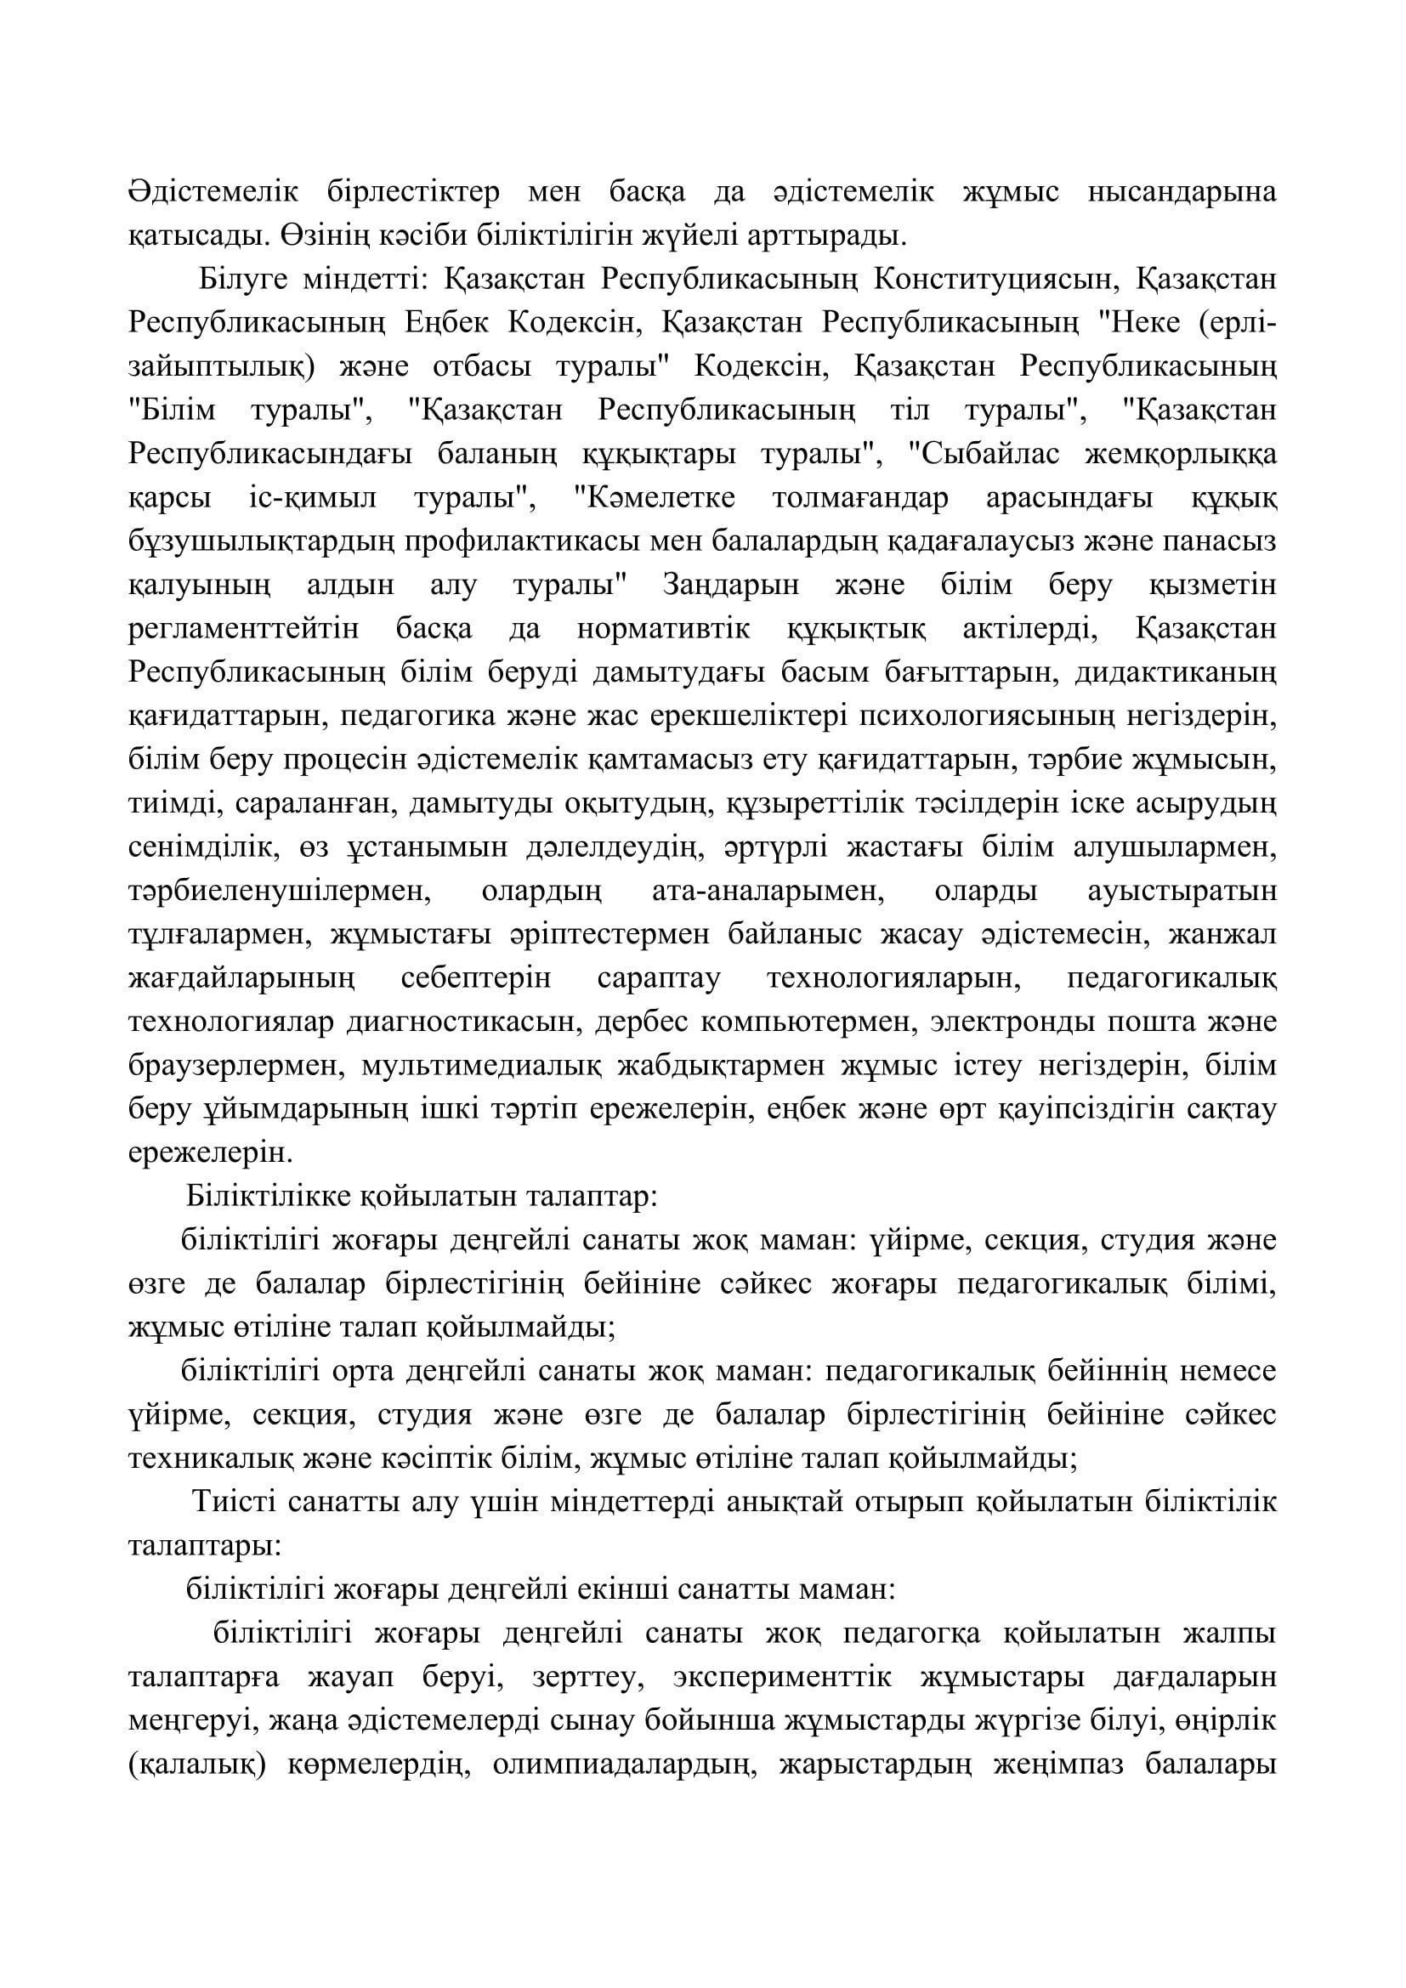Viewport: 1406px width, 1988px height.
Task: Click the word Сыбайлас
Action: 989,454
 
